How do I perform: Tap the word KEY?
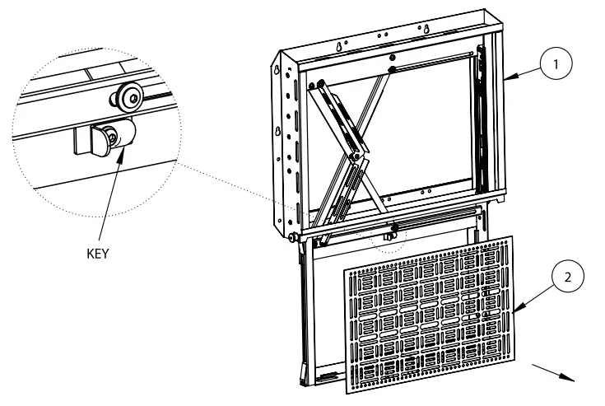tap(98, 254)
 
